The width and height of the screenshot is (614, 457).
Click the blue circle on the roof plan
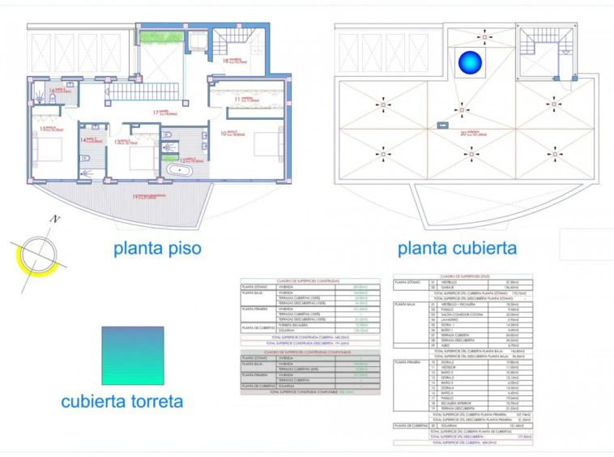pos(469,62)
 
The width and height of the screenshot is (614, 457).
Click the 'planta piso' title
pos(157,247)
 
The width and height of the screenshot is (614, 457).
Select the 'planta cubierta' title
pos(457,247)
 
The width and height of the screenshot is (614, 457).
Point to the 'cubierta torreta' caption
pos(122,401)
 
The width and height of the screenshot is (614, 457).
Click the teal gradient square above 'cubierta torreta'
pos(133,355)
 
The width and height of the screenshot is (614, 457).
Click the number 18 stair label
pos(226,59)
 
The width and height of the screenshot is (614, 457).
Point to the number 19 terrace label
pos(135,197)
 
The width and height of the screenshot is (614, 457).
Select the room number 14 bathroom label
pos(83,140)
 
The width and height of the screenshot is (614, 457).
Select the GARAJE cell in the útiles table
pos(447,287)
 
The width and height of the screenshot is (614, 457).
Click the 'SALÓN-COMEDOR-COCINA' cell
pos(453,314)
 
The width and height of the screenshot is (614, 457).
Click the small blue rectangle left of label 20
pos(441,125)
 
